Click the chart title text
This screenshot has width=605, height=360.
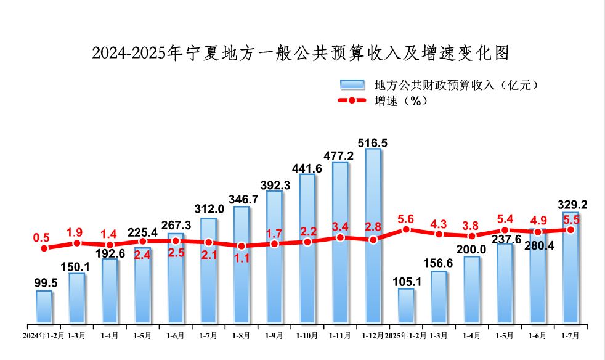[x=301, y=54]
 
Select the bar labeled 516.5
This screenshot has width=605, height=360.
[x=373, y=234]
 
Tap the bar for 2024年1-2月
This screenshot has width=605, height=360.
[x=44, y=306]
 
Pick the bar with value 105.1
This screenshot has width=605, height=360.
[x=406, y=305]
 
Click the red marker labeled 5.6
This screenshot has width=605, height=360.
[x=406, y=229]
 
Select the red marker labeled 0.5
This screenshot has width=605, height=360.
[x=44, y=248]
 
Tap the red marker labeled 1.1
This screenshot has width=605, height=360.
[x=242, y=246]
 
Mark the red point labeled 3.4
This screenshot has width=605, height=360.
[x=340, y=237]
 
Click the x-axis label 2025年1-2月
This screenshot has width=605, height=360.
[x=405, y=335]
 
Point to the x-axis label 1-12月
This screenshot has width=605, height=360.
[x=373, y=335]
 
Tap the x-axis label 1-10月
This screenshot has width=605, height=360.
[x=307, y=335]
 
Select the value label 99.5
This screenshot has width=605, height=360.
[x=44, y=283]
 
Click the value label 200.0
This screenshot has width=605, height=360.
[x=472, y=249]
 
